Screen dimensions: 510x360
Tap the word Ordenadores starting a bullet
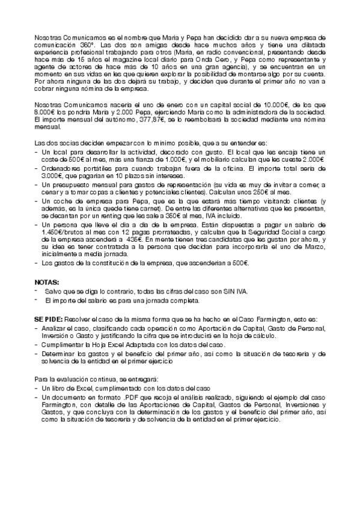[60, 169]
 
